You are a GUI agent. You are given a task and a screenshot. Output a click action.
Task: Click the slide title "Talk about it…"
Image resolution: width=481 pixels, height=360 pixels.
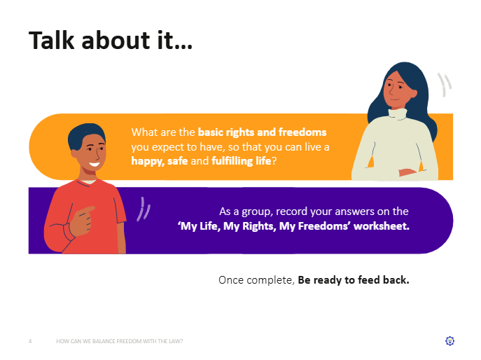111,40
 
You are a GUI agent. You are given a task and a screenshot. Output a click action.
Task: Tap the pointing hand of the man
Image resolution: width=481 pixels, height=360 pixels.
82,221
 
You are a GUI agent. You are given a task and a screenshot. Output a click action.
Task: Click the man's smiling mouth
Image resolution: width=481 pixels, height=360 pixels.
95,165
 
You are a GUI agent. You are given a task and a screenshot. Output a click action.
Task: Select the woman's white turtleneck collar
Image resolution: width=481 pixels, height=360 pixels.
398,114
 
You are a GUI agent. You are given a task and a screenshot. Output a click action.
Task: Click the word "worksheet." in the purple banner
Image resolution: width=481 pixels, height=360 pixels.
382,226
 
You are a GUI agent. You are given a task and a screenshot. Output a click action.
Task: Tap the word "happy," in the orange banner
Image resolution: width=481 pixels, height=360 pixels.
148,161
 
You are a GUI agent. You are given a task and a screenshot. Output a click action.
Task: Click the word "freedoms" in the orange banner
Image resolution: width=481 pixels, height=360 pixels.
302,132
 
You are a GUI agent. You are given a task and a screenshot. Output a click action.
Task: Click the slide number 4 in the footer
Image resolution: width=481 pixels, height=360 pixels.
30,341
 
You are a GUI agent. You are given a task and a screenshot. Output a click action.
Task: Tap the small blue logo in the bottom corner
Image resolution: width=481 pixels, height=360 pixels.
449,341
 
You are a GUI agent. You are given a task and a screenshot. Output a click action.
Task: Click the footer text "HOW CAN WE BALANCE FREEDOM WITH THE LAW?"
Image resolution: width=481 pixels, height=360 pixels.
120,341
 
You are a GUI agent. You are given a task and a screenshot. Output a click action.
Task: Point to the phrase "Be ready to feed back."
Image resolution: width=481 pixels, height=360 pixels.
354,280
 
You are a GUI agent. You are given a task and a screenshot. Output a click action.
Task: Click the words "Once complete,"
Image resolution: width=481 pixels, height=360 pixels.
256,280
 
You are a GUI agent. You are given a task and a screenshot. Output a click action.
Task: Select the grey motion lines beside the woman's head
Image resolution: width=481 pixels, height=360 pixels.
444,84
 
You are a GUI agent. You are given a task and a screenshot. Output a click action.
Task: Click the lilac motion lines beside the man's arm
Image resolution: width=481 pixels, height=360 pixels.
144,209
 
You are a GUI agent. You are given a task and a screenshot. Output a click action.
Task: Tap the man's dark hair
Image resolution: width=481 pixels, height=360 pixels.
86,134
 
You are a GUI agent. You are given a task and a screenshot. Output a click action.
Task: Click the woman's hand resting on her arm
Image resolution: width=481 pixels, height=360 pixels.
407,172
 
